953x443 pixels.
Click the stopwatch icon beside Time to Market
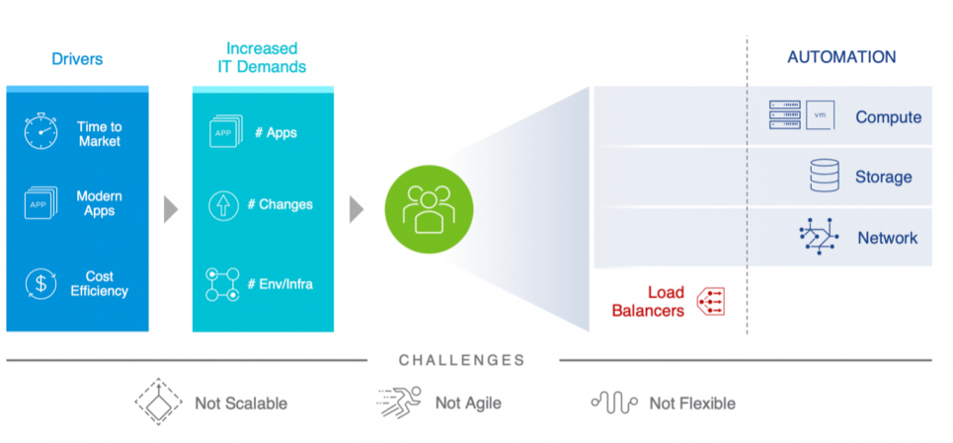[41, 133]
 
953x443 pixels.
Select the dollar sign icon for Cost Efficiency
[41, 284]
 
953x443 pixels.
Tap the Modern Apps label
[99, 204]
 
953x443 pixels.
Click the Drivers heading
[77, 59]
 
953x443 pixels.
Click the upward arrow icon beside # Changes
[224, 205]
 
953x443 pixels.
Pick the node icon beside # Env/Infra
[222, 284]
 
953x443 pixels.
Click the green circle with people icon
[429, 209]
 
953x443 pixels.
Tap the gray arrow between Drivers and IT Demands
[171, 209]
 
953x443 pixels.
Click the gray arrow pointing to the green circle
[357, 209]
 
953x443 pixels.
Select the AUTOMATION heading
[841, 57]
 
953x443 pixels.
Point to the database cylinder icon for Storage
[824, 177]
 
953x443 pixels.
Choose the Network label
[887, 238]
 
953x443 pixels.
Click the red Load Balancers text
[648, 302]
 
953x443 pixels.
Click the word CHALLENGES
[461, 360]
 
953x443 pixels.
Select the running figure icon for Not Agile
[399, 402]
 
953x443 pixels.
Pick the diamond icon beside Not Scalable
[158, 402]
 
